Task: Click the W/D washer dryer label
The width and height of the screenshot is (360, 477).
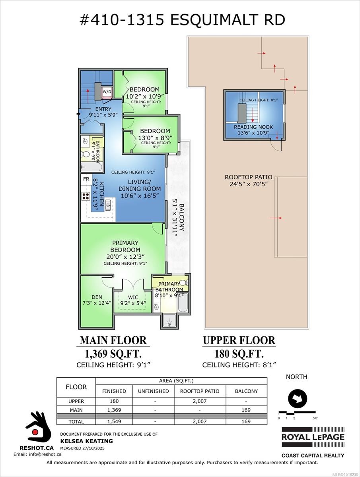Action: tap(107, 92)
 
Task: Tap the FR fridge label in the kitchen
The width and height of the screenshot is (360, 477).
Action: tap(86, 179)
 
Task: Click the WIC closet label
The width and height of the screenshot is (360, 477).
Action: tap(133, 297)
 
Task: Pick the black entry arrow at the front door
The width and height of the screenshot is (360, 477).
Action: tap(78, 114)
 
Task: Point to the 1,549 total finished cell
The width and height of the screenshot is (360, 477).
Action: tap(114, 421)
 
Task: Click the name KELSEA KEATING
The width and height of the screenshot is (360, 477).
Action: tap(86, 441)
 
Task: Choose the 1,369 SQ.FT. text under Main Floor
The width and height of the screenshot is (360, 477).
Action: tap(113, 353)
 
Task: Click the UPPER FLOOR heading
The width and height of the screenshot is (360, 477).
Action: tap(239, 341)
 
